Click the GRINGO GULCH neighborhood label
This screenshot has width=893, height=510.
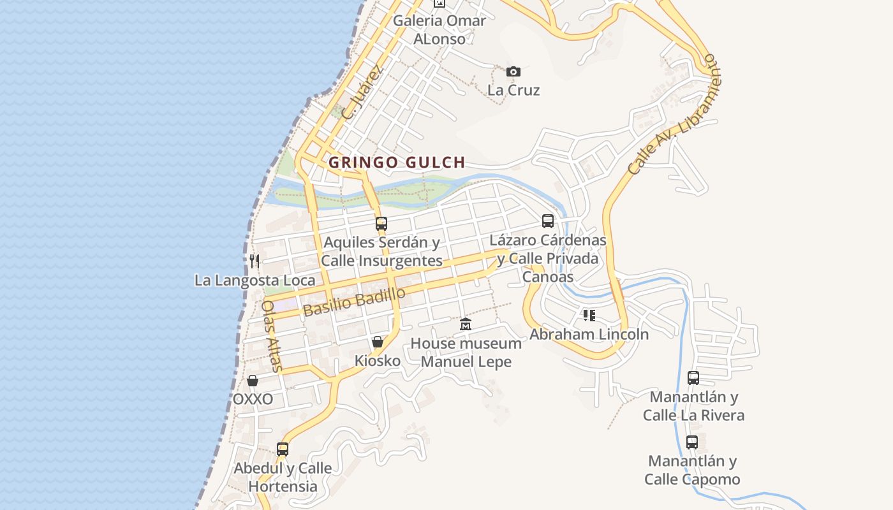tap(396, 163)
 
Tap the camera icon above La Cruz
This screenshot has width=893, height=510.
tap(513, 71)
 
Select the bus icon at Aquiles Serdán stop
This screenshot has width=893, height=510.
tap(381, 224)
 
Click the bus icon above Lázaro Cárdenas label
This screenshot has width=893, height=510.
tap(548, 221)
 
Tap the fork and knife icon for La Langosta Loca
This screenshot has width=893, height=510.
tap(255, 261)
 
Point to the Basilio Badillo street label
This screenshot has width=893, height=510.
tap(354, 302)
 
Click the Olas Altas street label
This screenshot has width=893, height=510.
tap(272, 335)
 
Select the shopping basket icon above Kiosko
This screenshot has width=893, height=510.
tap(378, 342)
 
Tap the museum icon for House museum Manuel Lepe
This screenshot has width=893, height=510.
tap(466, 324)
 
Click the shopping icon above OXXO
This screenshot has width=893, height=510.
tap(253, 381)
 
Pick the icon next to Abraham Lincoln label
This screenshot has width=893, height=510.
tap(589, 315)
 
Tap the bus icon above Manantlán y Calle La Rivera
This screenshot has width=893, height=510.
tap(693, 378)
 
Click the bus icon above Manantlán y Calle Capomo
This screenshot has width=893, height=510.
tap(692, 442)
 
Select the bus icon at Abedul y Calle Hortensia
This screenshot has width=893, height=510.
tap(283, 449)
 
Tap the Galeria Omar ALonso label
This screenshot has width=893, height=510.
tap(439, 29)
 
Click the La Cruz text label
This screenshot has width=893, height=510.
tap(513, 90)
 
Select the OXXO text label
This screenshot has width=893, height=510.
tap(253, 399)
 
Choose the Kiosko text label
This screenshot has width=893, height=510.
tap(378, 361)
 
